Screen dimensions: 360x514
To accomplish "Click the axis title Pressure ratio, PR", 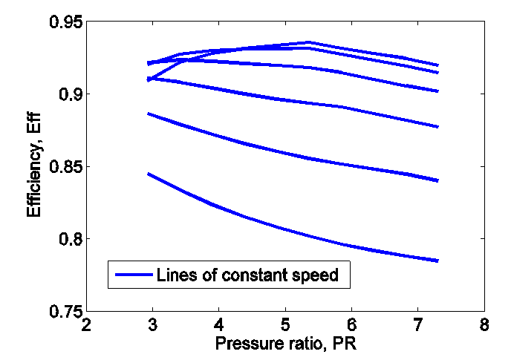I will point(285,344).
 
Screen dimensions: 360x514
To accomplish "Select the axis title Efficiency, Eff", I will point(33,166).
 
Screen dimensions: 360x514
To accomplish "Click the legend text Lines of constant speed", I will point(247,275).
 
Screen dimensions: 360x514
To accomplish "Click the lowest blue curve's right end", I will point(438,261).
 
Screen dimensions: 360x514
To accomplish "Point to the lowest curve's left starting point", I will point(149,174).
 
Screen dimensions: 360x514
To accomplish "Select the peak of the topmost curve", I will point(308,42).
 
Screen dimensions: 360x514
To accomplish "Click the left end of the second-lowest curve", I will point(149,114).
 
